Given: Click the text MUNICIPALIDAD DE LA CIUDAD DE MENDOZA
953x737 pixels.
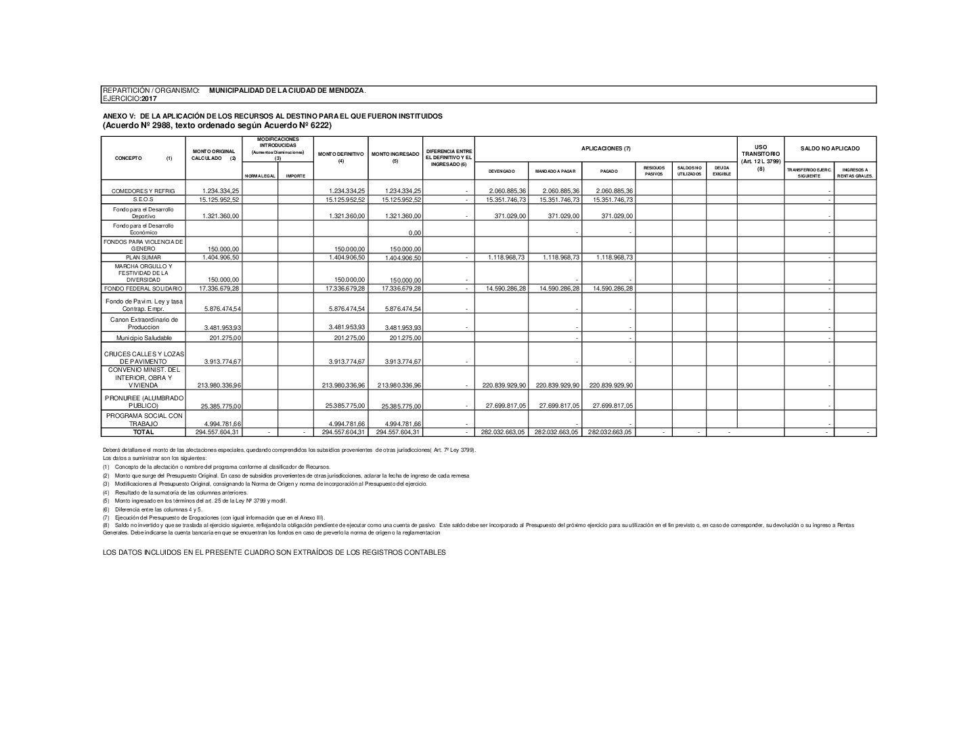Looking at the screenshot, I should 288,90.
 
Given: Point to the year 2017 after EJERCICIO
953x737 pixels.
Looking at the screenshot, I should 149,99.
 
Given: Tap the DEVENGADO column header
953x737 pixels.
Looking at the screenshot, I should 502,171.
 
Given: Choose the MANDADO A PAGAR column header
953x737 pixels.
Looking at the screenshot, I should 555,171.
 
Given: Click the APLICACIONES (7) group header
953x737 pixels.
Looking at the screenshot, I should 606,148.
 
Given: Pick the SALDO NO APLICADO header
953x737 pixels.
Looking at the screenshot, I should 830,148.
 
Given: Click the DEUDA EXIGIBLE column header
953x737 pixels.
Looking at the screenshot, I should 722,171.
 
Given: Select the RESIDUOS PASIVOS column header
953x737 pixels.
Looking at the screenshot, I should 654,171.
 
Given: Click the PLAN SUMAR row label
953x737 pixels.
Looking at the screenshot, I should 142,258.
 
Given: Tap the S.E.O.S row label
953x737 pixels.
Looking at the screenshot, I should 143,200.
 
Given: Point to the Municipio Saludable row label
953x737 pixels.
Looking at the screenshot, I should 143,338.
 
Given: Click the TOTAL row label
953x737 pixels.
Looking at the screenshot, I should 143,432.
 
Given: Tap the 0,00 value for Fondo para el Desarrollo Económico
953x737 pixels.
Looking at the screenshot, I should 415,233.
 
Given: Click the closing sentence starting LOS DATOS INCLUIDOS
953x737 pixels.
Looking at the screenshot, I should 274,553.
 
